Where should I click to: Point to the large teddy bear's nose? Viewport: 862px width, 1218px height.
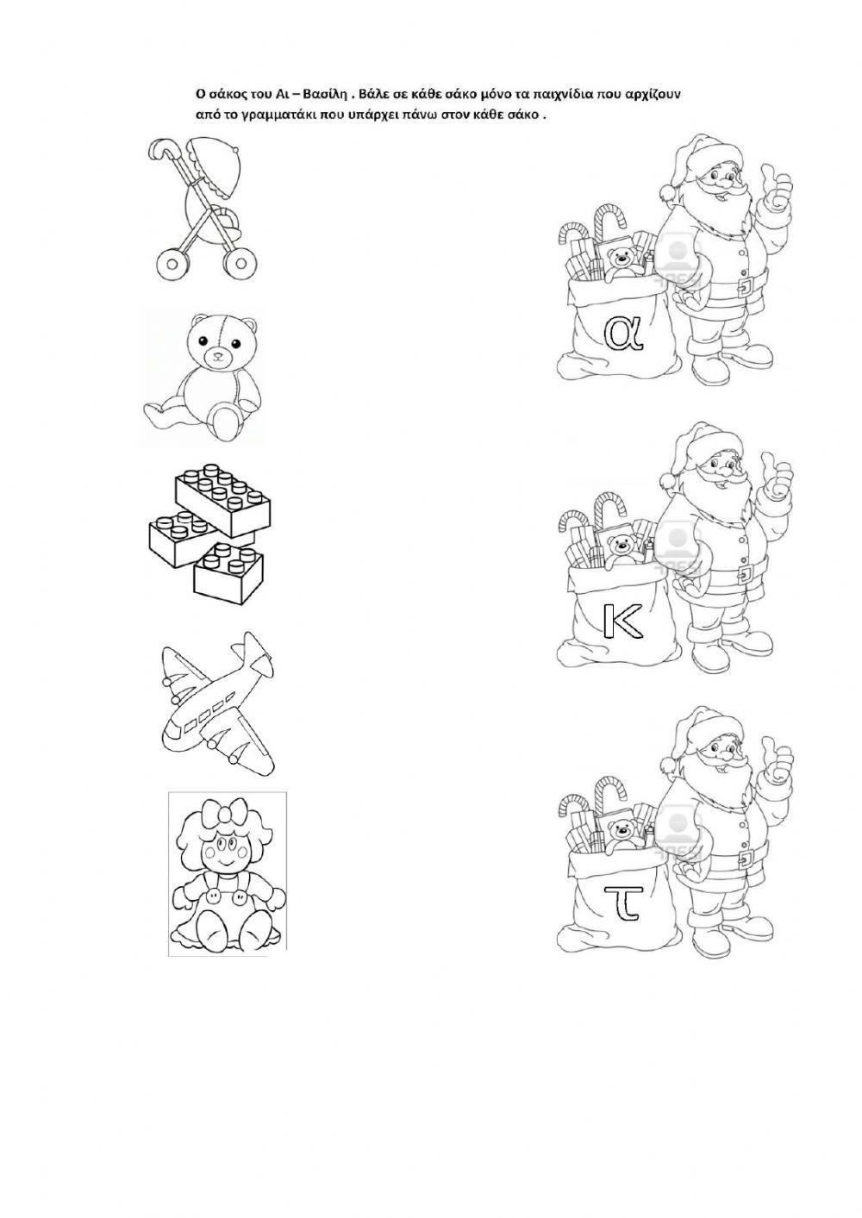click(219, 357)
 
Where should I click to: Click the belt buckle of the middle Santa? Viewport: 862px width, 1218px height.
click(746, 572)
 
